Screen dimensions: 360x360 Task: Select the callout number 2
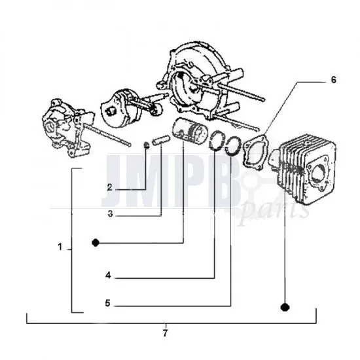(111, 188)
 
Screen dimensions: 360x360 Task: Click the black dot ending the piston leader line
(96, 242)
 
